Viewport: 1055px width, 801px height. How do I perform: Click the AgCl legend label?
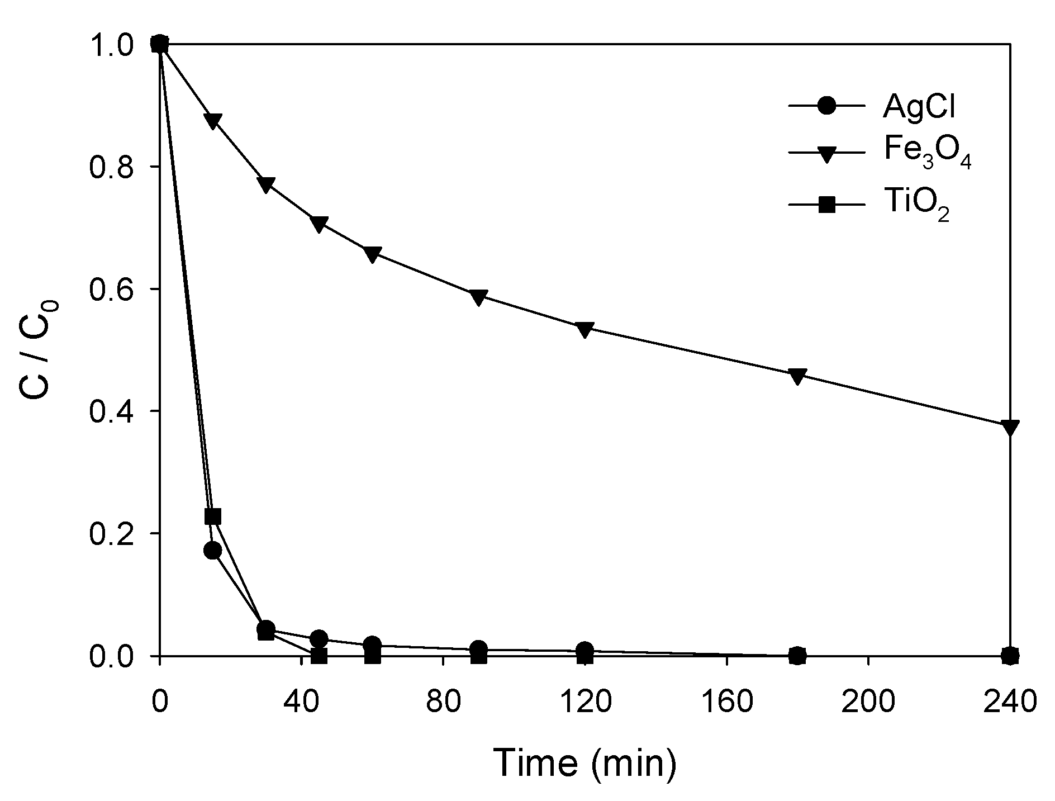click(x=919, y=107)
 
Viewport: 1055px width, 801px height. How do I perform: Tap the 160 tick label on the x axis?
click(x=726, y=701)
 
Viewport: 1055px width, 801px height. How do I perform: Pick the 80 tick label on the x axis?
click(x=443, y=701)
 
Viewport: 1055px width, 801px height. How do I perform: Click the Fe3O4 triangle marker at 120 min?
click(x=584, y=330)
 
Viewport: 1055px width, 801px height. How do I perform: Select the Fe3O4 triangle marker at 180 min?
click(x=797, y=376)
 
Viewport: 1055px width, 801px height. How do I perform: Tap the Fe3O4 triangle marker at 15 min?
click(x=213, y=121)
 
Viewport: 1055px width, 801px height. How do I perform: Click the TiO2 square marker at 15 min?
click(x=213, y=516)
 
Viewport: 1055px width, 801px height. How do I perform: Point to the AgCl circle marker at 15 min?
click(x=213, y=551)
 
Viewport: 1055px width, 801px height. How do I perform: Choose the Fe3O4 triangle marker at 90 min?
click(x=478, y=298)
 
